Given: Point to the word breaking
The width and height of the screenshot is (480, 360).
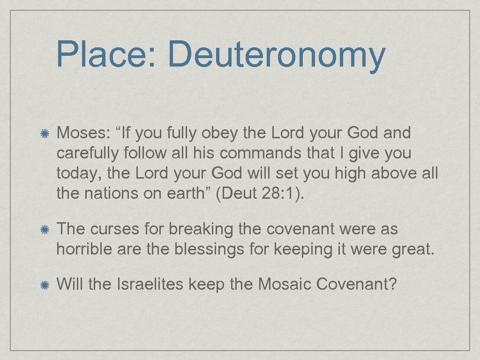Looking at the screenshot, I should [201, 230].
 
